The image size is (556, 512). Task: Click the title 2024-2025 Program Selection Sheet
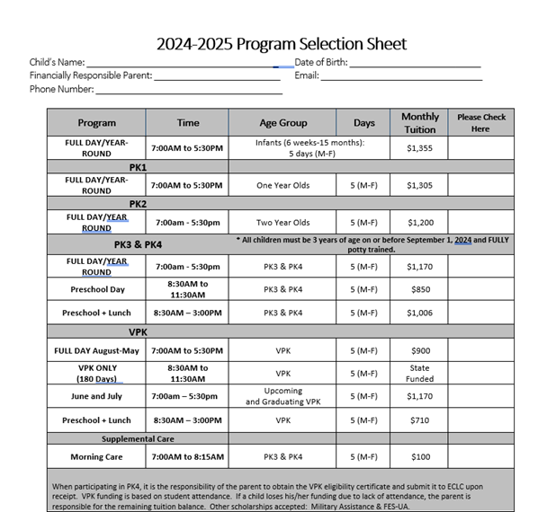[x=281, y=43]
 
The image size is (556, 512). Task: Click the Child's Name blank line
[x=189, y=64]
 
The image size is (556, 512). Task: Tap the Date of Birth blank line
[x=414, y=64]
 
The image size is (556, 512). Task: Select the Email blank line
[x=401, y=77]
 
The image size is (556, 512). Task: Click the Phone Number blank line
[x=189, y=91]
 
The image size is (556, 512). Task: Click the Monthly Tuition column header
[x=419, y=123]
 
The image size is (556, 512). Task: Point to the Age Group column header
[x=282, y=123]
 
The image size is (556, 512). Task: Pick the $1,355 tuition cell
[x=419, y=148]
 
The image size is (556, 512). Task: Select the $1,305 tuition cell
[x=419, y=185]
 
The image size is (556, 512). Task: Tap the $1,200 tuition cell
[x=419, y=222]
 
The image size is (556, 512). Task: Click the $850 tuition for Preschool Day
[x=419, y=289]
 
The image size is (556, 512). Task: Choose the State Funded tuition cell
[x=419, y=374]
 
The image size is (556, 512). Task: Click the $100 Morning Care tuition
[x=419, y=457]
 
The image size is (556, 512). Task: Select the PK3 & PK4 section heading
[x=138, y=244]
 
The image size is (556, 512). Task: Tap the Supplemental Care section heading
[x=138, y=439]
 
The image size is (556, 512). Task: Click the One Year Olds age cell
[x=282, y=185]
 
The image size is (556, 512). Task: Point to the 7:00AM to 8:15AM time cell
[x=188, y=457]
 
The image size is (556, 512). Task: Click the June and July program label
[x=96, y=396]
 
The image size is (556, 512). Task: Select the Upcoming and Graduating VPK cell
[x=282, y=396]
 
